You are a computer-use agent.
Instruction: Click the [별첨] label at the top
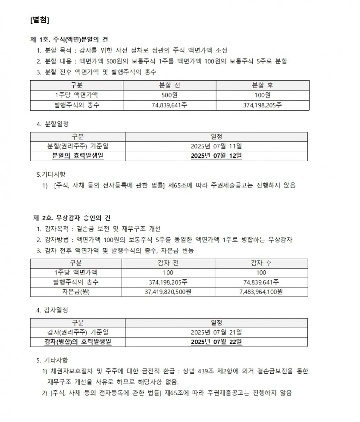pyautogui.click(x=40, y=20)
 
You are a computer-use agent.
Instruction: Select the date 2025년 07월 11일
pyautogui.click(x=216, y=146)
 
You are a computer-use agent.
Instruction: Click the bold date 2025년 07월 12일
pyautogui.click(x=216, y=156)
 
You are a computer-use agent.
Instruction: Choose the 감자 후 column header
pyautogui.click(x=261, y=263)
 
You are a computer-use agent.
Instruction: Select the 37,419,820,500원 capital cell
pyautogui.click(x=168, y=292)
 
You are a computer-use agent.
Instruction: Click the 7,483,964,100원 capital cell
pyautogui.click(x=261, y=292)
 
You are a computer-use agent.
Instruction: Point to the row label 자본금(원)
pyautogui.click(x=76, y=292)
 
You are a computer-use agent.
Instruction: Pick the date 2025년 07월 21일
pyautogui.click(x=216, y=332)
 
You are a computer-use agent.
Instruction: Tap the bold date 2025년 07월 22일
pyautogui.click(x=216, y=342)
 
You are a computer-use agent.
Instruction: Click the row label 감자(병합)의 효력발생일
pyautogui.click(x=78, y=342)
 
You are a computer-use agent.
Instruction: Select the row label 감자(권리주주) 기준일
pyautogui.click(x=78, y=332)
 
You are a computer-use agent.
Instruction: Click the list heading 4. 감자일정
pyautogui.click(x=52, y=310)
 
